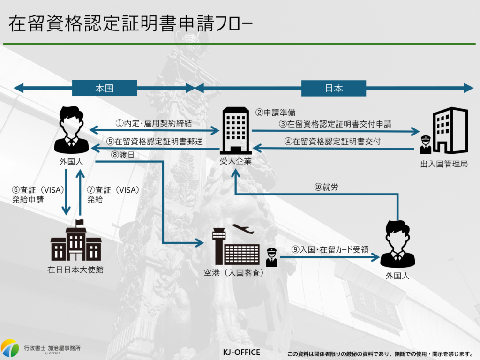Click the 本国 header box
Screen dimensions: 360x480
(104, 88)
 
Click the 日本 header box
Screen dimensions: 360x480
(333, 88)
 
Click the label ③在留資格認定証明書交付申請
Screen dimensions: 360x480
(335, 124)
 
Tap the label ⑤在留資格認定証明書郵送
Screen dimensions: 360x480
(154, 141)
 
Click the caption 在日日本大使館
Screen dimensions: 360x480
(75, 270)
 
